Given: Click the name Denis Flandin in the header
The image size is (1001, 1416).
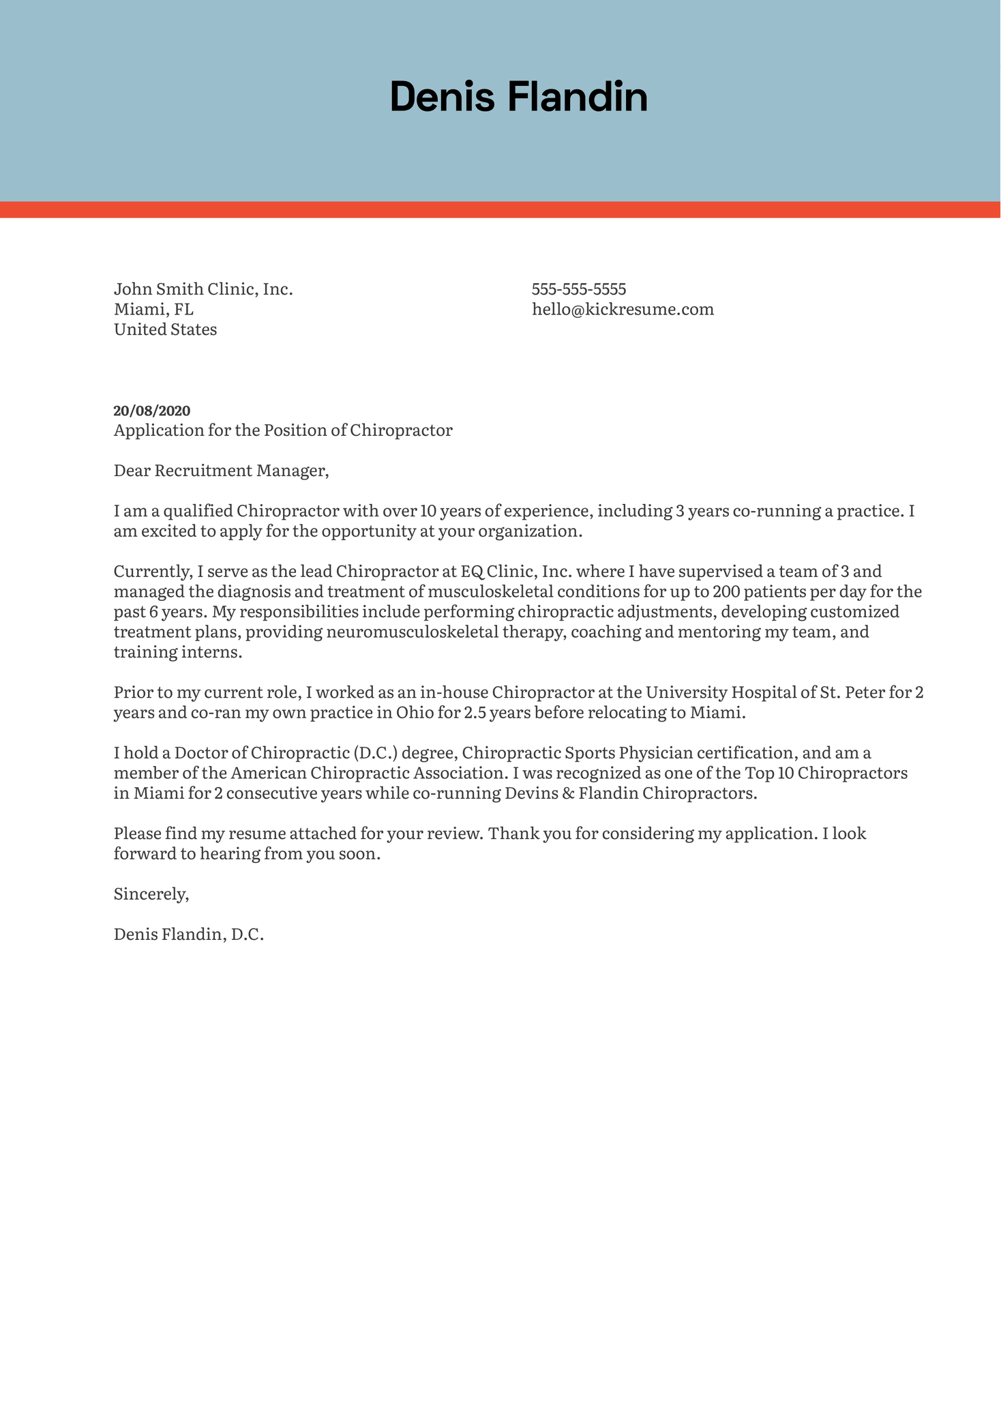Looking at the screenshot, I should tap(518, 97).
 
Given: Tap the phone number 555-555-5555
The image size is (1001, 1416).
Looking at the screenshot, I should tap(579, 289).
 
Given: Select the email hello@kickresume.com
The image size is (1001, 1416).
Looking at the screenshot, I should tap(623, 310).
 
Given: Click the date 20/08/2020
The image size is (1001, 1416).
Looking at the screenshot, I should tap(152, 411).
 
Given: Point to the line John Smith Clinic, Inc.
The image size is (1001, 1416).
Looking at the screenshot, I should tap(203, 289).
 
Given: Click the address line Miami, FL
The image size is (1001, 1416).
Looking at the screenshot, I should tap(153, 310).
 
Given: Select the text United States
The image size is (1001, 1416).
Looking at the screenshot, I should tap(165, 330).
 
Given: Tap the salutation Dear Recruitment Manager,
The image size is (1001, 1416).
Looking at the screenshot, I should tap(221, 471).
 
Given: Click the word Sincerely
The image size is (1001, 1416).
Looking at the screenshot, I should tap(151, 894).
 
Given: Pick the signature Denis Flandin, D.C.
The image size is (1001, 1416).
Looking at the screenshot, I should tap(189, 934).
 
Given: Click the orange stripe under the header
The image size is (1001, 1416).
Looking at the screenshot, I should tap(500, 209).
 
